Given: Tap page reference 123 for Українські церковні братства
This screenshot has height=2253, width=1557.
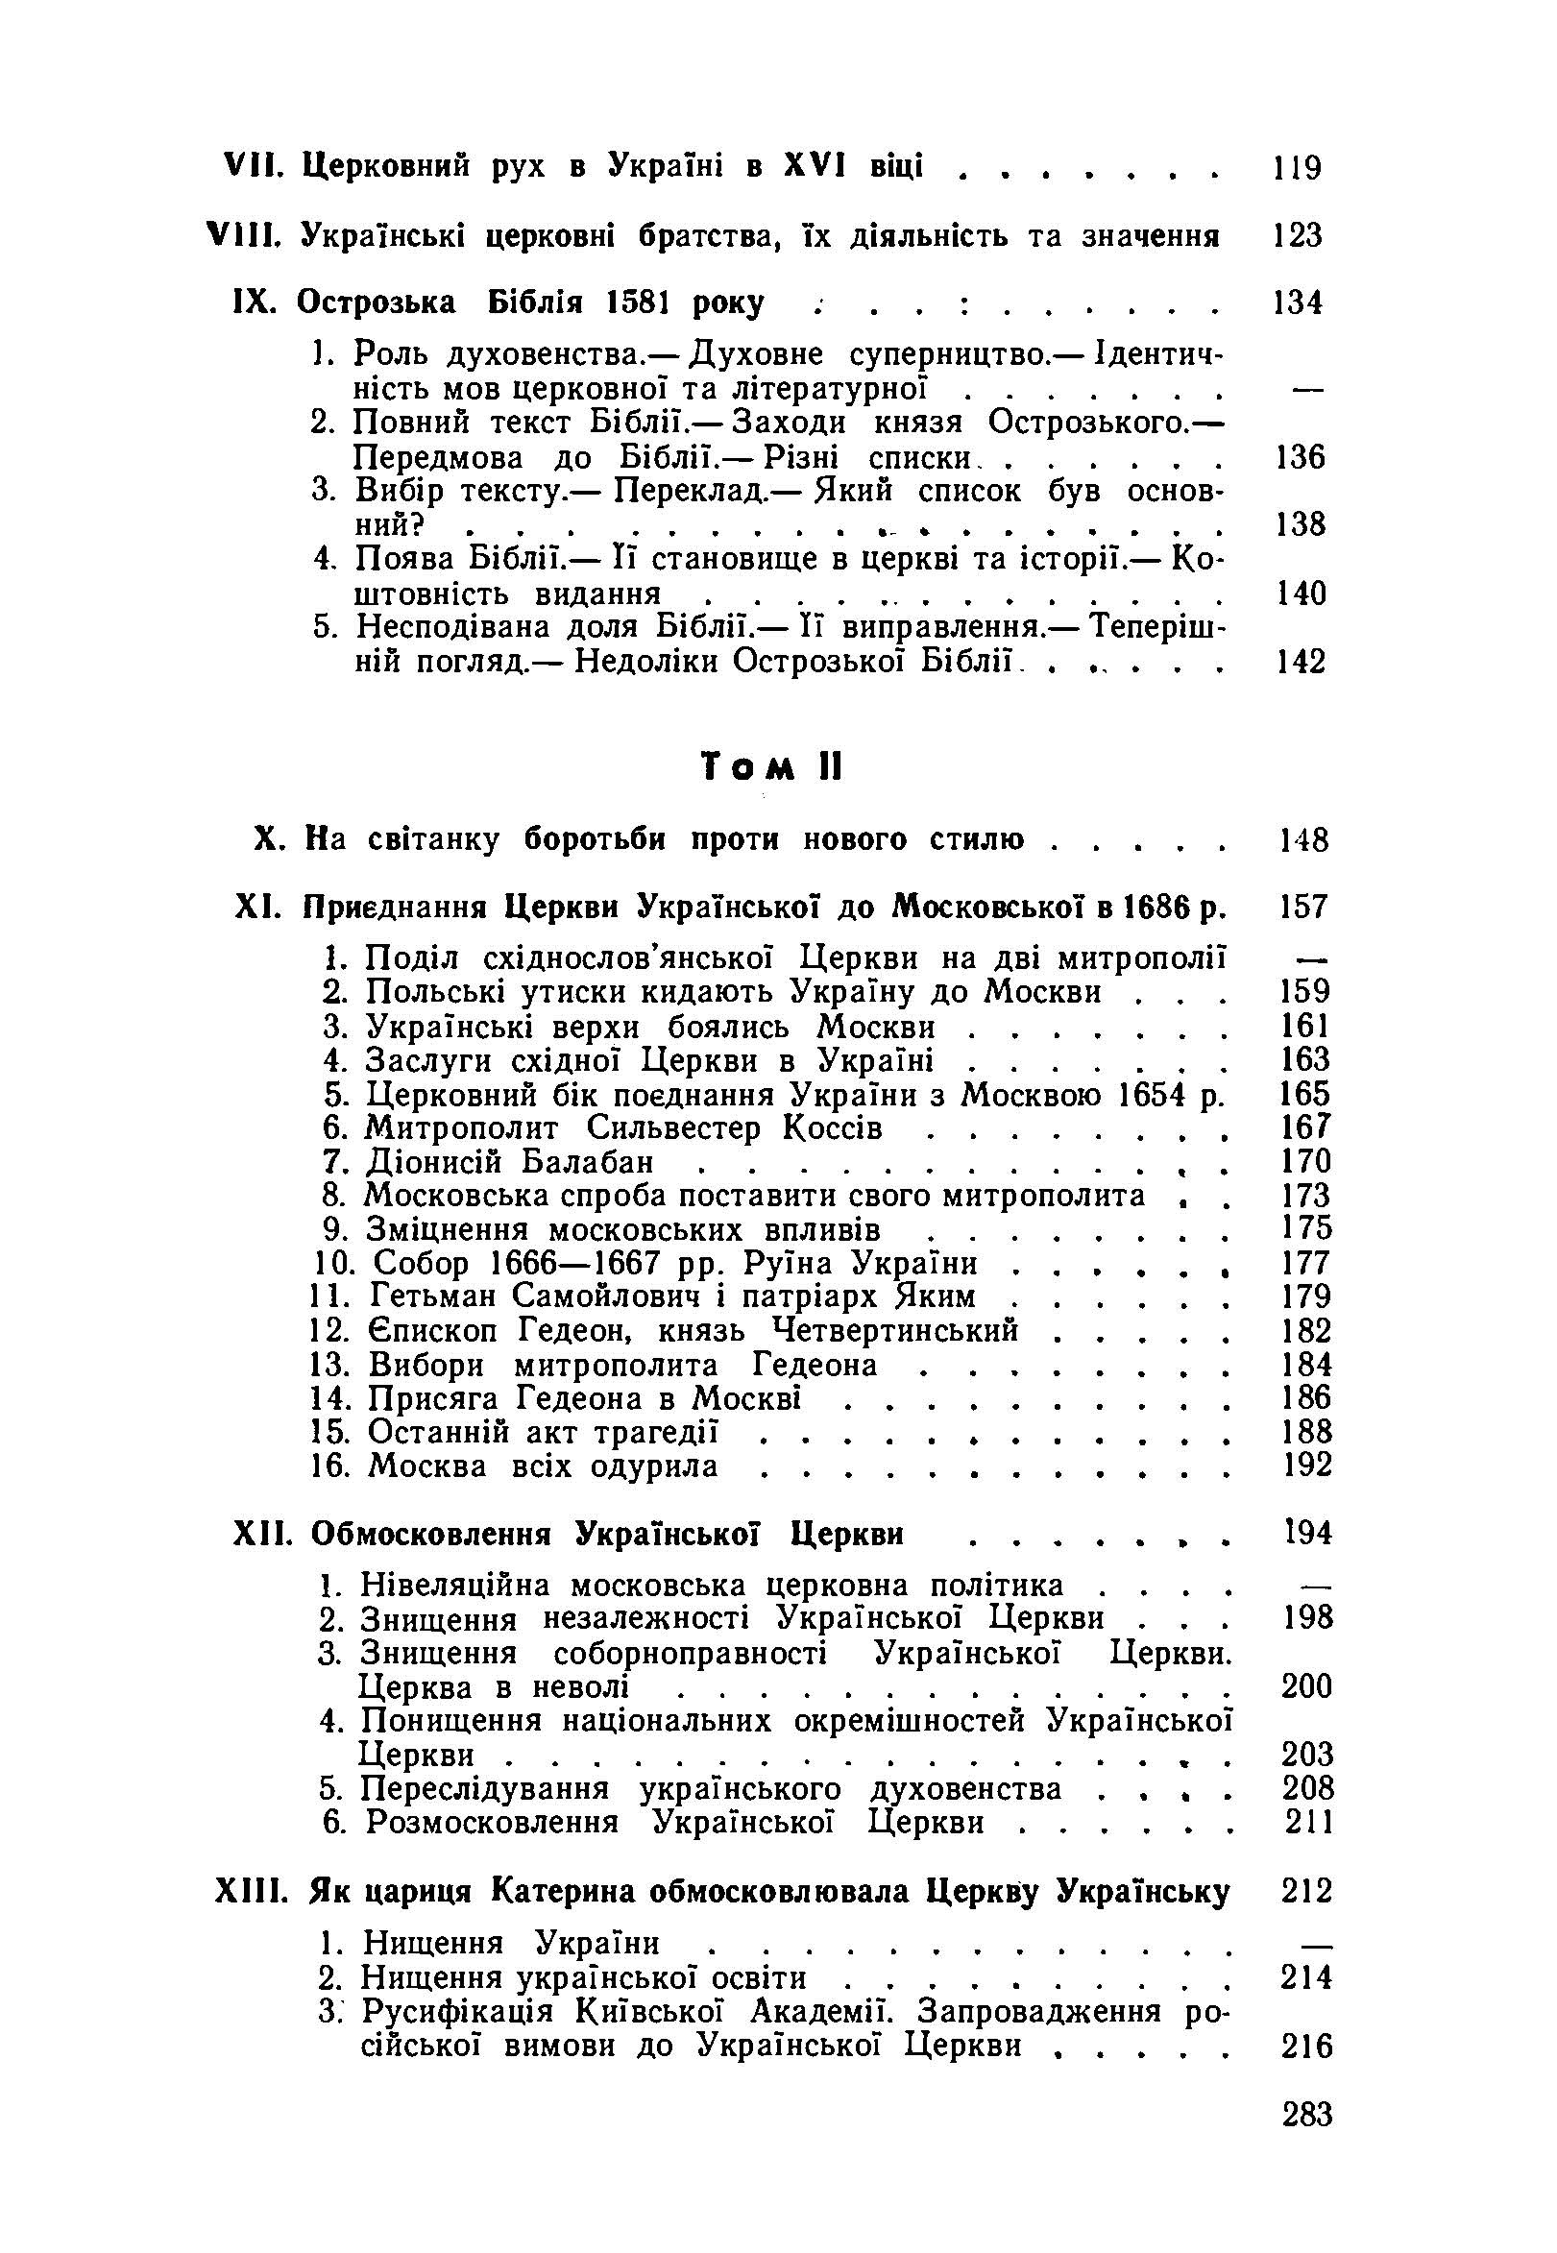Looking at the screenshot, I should [x=1298, y=235].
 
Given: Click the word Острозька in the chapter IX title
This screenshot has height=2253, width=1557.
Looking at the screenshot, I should [x=376, y=303].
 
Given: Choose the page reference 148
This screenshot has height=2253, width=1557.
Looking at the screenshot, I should [x=1304, y=839].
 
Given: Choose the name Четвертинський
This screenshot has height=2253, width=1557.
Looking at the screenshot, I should [x=895, y=1330].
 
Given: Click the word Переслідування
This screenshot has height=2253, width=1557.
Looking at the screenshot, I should [x=485, y=1788].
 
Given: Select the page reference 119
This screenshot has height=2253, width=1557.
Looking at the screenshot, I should [x=1298, y=168].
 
